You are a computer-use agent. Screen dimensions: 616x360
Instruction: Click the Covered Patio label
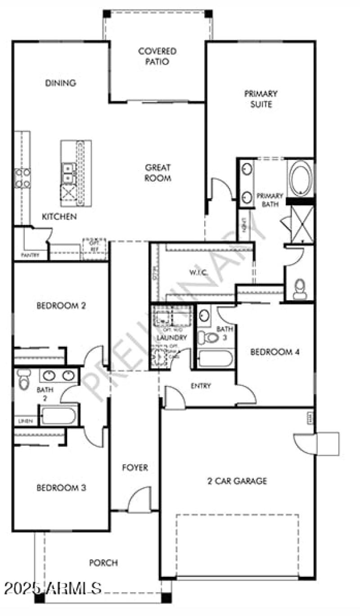(x=157, y=56)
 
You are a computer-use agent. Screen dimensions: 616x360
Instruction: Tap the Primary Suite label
(x=261, y=99)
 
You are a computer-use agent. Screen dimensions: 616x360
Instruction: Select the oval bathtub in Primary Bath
(x=300, y=177)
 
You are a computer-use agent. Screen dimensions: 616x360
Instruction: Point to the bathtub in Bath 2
(x=58, y=415)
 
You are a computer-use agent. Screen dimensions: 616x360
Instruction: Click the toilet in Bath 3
(x=209, y=337)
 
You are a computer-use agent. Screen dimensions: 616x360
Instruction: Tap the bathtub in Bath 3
(x=215, y=359)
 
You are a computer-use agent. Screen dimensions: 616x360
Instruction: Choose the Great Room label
(x=157, y=172)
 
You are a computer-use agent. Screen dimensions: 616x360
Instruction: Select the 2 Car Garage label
(x=237, y=481)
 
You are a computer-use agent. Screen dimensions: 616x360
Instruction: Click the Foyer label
(x=135, y=468)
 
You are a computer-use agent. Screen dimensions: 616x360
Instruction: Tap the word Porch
(x=103, y=563)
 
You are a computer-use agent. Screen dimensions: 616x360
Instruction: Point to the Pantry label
(x=30, y=255)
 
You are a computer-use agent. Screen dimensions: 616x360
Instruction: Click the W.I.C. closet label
(x=197, y=272)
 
